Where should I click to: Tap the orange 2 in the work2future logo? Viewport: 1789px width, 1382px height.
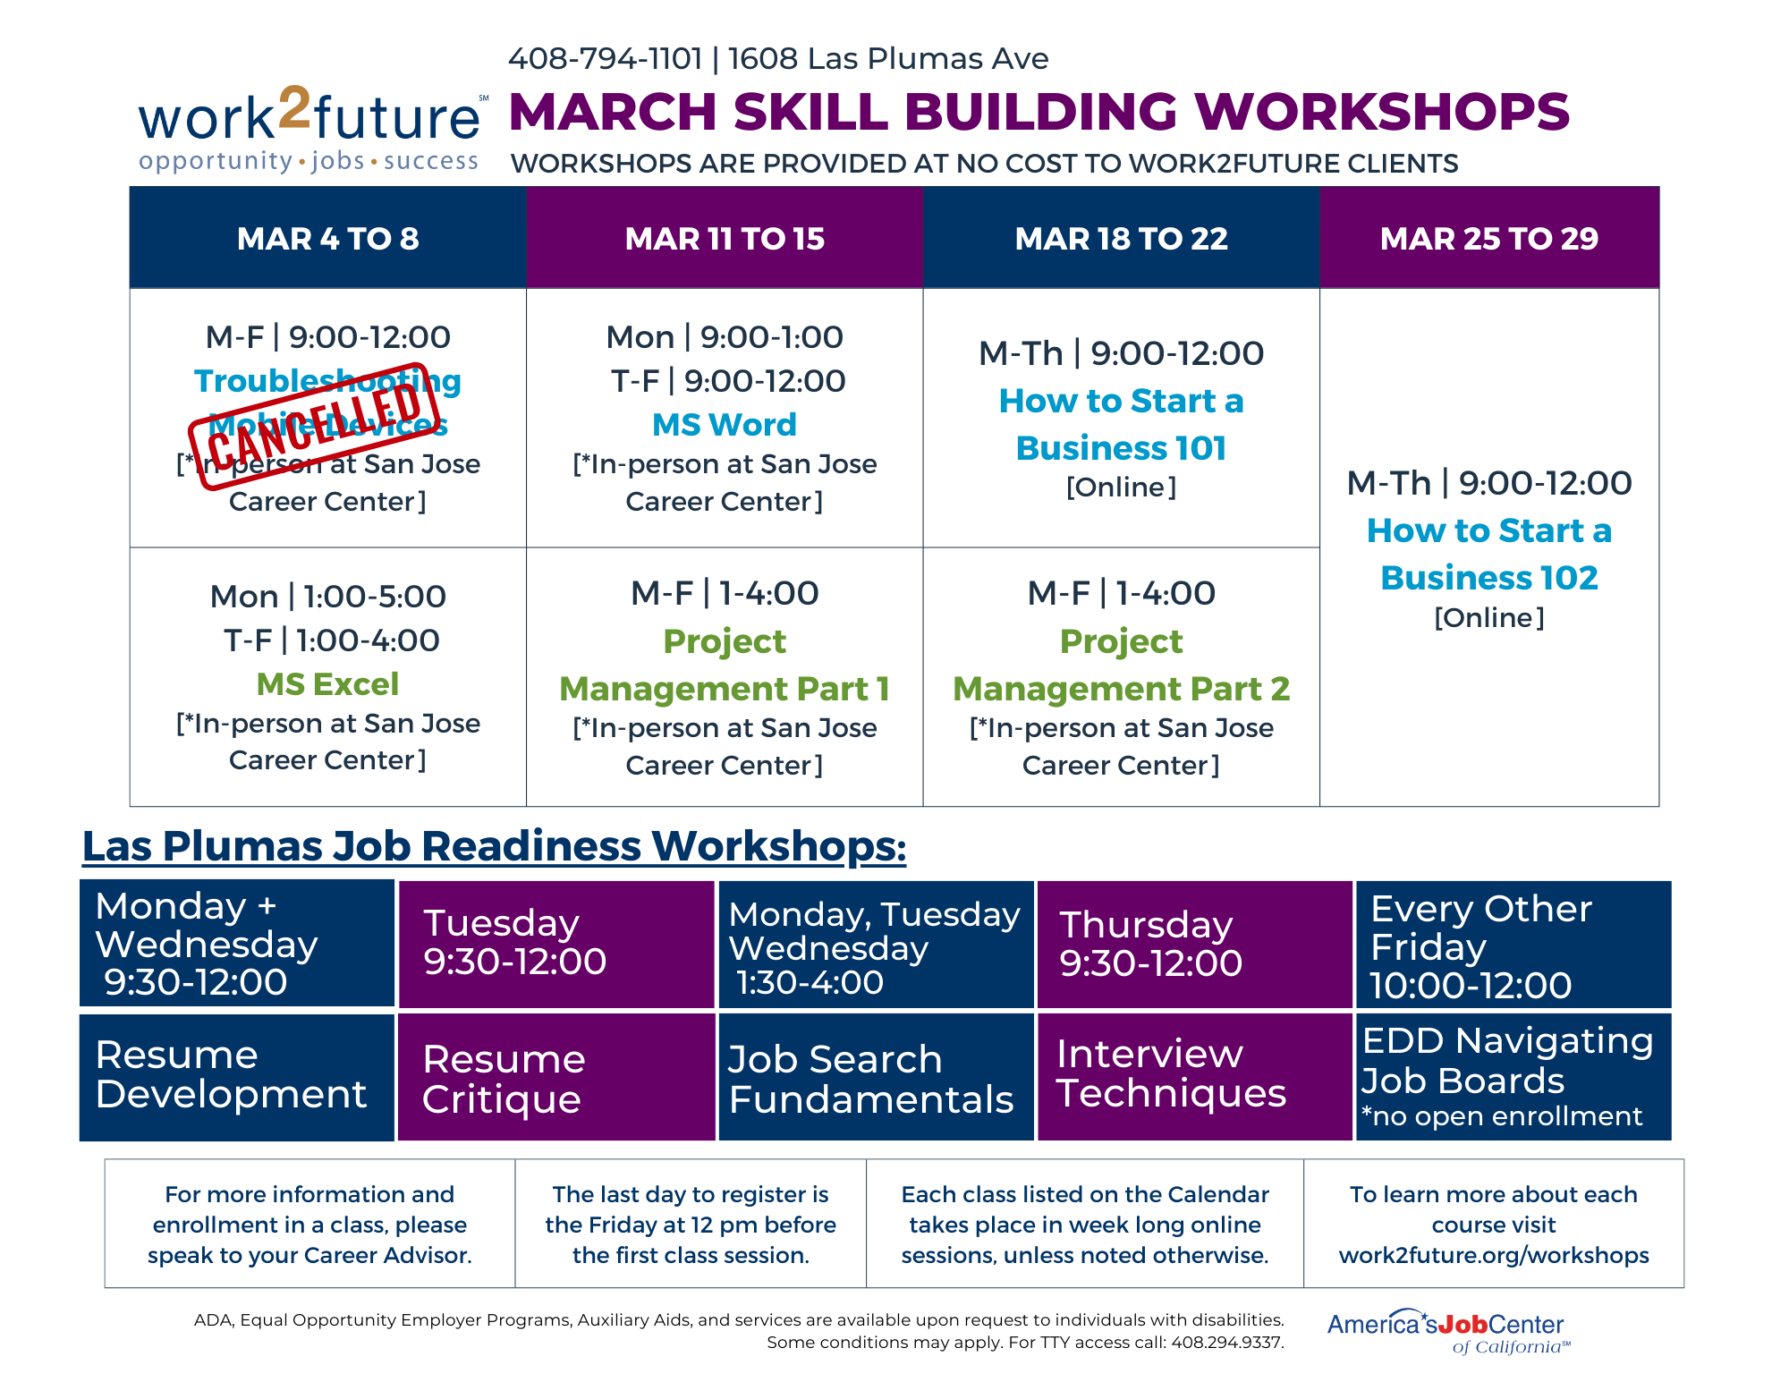pos(294,111)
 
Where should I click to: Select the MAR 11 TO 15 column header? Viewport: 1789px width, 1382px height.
pos(725,238)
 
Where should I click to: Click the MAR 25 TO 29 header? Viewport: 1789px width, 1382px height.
pos(1488,238)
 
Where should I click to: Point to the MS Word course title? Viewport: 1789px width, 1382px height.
pos(724,424)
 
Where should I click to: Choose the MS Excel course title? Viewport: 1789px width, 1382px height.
pos(327,683)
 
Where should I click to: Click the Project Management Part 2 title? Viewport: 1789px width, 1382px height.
pos(1121,665)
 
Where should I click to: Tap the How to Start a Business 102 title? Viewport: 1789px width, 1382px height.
pos(1488,554)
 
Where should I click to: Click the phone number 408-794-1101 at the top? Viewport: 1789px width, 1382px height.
pos(605,59)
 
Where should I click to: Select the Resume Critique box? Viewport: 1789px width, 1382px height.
pos(555,1078)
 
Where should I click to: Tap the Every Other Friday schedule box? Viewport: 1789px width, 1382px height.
pos(1513,945)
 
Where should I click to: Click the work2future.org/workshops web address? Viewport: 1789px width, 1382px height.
pos(1493,1255)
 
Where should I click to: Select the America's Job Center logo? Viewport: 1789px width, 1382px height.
pos(1447,1330)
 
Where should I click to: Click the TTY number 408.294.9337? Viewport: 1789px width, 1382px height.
pos(1227,1343)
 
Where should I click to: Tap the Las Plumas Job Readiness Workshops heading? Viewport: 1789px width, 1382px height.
pos(494,846)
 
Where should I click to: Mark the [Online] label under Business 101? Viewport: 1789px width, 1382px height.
pos(1121,488)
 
